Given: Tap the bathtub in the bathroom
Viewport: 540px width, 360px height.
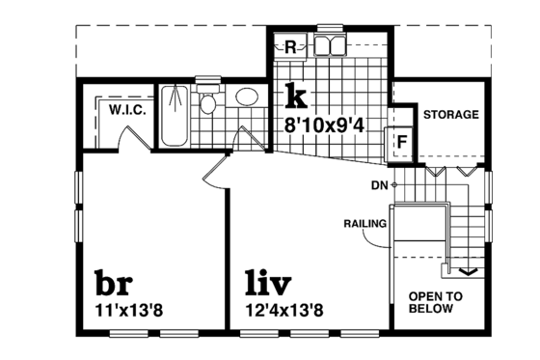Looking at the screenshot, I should pyautogui.click(x=174, y=115).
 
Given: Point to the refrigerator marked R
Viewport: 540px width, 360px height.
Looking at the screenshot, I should pyautogui.click(x=290, y=45).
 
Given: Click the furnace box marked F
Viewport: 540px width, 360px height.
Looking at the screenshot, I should pyautogui.click(x=400, y=141).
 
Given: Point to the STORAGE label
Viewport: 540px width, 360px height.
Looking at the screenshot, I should pyautogui.click(x=451, y=115).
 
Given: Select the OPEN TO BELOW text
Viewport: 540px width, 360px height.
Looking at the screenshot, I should pyautogui.click(x=437, y=303).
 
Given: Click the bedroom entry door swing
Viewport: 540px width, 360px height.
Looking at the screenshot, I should pyautogui.click(x=214, y=174).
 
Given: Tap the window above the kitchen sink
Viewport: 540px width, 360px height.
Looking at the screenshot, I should pyautogui.click(x=331, y=27).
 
